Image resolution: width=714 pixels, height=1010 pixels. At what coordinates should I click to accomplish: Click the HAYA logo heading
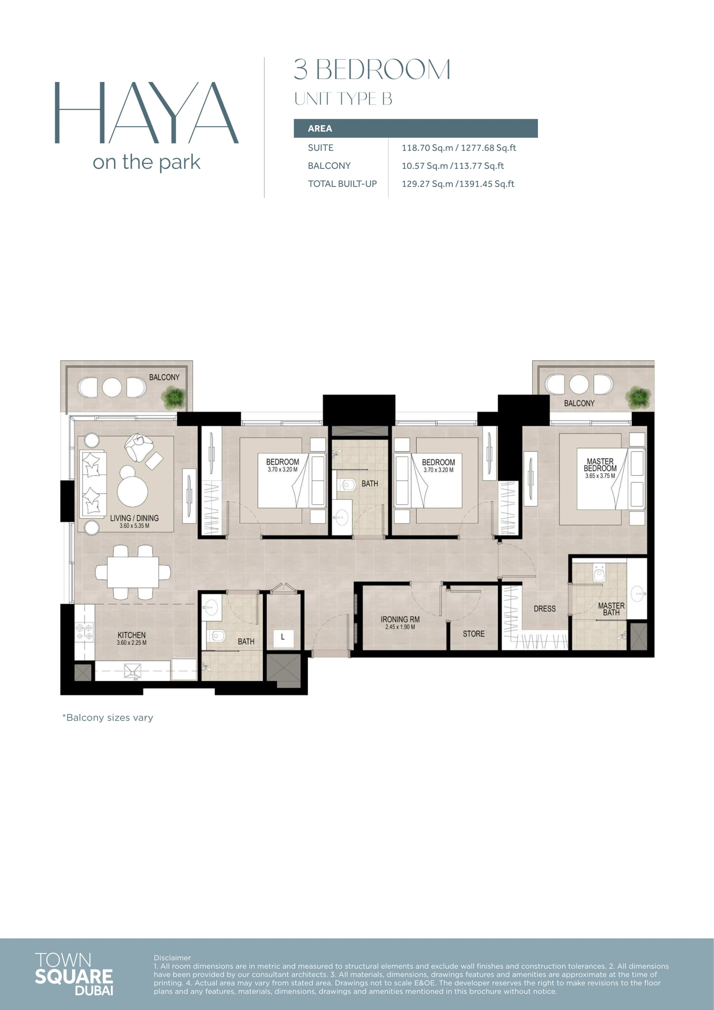(x=146, y=113)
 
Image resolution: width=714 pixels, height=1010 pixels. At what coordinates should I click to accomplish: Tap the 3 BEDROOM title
(x=372, y=70)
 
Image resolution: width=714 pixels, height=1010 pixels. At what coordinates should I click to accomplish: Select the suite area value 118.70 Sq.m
(x=427, y=148)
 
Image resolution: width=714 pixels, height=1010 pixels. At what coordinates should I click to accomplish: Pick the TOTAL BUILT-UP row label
(x=342, y=184)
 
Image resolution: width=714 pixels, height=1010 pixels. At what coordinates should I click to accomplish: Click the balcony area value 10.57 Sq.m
(x=425, y=166)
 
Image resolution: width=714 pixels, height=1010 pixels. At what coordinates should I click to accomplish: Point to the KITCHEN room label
(x=132, y=635)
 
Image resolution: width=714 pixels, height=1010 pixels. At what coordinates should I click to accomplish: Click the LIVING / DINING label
(x=134, y=518)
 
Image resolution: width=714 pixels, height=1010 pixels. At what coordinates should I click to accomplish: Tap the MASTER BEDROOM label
(x=600, y=465)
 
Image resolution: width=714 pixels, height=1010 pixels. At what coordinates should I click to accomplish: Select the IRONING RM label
(x=400, y=619)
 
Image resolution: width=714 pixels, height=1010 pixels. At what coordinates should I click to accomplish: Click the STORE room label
(x=474, y=634)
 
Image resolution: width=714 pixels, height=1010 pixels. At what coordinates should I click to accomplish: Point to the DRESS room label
(x=545, y=609)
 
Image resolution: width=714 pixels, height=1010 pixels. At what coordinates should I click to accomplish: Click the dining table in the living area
(x=133, y=572)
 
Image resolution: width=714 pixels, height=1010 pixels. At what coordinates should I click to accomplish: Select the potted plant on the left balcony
(x=173, y=397)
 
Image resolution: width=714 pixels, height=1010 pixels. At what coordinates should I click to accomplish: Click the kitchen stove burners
(x=85, y=631)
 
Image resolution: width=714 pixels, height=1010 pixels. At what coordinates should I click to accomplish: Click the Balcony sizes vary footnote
(x=108, y=718)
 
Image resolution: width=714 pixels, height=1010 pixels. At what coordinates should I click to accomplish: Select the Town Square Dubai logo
(x=74, y=974)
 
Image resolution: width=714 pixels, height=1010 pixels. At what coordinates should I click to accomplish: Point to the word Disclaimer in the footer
(x=172, y=958)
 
